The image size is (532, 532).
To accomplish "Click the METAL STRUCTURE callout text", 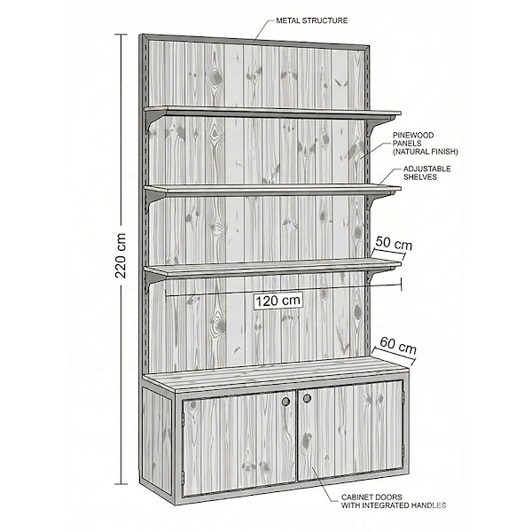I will (x=312, y=19).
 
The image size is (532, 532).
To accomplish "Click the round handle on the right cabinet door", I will (x=307, y=398).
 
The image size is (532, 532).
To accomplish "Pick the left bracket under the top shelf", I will (x=158, y=120).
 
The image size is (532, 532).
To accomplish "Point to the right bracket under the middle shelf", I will (x=377, y=200).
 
